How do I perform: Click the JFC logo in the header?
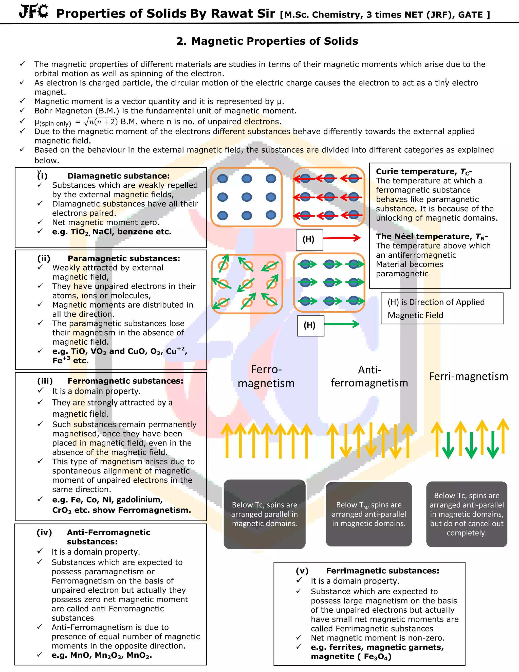(x=33, y=12)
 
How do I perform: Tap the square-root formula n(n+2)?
(x=101, y=122)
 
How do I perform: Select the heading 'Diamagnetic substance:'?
(x=118, y=176)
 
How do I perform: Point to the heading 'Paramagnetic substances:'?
(x=124, y=258)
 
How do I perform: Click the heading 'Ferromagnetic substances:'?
(x=125, y=381)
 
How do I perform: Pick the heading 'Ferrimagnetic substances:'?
(x=382, y=571)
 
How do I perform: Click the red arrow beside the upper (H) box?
(x=341, y=238)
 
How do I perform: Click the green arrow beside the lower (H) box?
(x=342, y=324)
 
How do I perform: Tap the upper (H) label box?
(x=309, y=240)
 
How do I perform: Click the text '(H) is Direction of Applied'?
(x=436, y=302)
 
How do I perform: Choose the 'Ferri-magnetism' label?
(x=468, y=376)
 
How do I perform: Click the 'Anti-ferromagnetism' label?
(x=369, y=376)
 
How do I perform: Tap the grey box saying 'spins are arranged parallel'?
(x=264, y=514)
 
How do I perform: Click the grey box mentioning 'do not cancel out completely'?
(x=467, y=514)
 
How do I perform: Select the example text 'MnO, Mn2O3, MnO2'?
(x=102, y=655)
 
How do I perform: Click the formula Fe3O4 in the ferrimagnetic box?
(x=378, y=657)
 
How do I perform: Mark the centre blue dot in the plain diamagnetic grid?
(x=247, y=197)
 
